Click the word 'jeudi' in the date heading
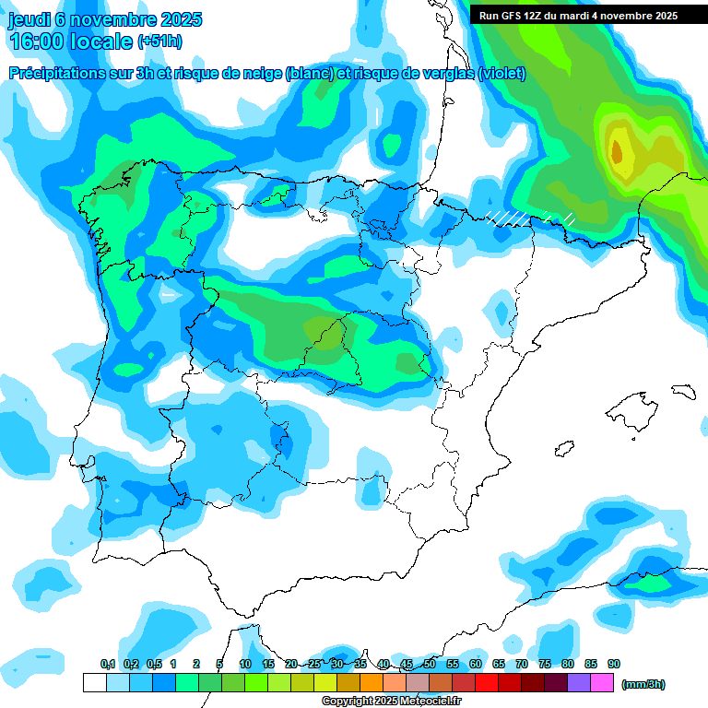29,19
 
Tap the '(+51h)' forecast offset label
159,41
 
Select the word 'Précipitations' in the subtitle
57,73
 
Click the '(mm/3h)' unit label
643,684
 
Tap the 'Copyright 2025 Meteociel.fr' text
391,702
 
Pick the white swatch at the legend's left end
94,683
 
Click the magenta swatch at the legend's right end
602,683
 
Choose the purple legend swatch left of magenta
579,683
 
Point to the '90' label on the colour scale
614,665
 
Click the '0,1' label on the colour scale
108,665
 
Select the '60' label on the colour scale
476,665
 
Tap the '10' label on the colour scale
245,665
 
